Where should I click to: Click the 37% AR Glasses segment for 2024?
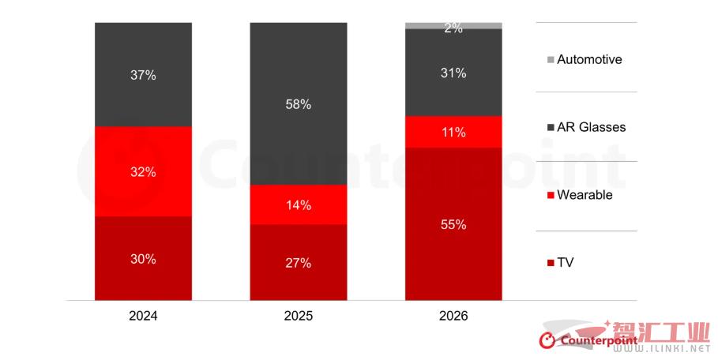[143, 75]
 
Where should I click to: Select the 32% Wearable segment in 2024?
[143, 171]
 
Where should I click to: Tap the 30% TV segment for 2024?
[143, 258]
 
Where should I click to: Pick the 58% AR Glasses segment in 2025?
[299, 103]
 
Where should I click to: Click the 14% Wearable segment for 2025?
[299, 205]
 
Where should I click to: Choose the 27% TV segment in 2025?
[299, 263]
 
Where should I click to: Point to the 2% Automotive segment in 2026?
[453, 25]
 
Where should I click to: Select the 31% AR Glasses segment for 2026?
[453, 73]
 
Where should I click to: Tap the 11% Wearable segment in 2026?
[453, 132]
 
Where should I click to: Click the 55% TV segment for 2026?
[453, 224]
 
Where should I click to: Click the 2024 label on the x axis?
[143, 316]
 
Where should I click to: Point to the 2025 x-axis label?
[299, 316]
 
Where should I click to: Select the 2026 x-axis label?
[453, 316]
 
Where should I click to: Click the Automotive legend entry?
[589, 59]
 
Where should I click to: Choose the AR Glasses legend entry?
[591, 127]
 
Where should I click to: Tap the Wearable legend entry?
[585, 195]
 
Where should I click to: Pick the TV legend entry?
[565, 263]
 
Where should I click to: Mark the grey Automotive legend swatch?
[551, 60]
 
